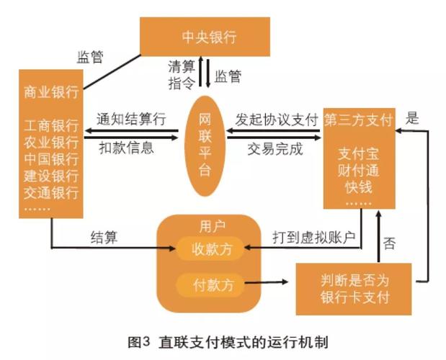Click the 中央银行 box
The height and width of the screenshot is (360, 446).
point(205,37)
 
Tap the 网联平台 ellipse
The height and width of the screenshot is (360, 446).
point(205,145)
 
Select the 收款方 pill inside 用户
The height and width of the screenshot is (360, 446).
point(210,249)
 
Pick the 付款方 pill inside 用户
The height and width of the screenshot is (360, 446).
point(210,284)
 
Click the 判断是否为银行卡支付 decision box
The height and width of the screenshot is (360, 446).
point(354,289)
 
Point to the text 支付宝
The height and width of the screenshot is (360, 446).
point(359,154)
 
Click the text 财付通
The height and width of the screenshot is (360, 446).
point(359,171)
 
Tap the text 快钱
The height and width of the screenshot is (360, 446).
point(359,187)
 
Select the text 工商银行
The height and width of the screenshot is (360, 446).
point(51,125)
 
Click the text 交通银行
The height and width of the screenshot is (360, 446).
point(51,193)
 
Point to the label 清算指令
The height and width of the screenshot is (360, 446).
point(182,75)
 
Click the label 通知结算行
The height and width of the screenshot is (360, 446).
point(131,119)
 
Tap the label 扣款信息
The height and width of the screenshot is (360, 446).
point(127,148)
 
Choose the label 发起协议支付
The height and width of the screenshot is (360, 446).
point(277,120)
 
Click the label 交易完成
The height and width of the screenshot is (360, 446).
point(275,149)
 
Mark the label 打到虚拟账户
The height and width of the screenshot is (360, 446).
point(314,238)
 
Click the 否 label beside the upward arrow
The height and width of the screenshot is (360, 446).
point(389,243)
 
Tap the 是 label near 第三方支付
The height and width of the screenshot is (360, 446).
point(412,117)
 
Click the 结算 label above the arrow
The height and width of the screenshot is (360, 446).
point(104,237)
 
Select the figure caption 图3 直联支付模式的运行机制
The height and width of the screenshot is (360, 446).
point(228,342)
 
